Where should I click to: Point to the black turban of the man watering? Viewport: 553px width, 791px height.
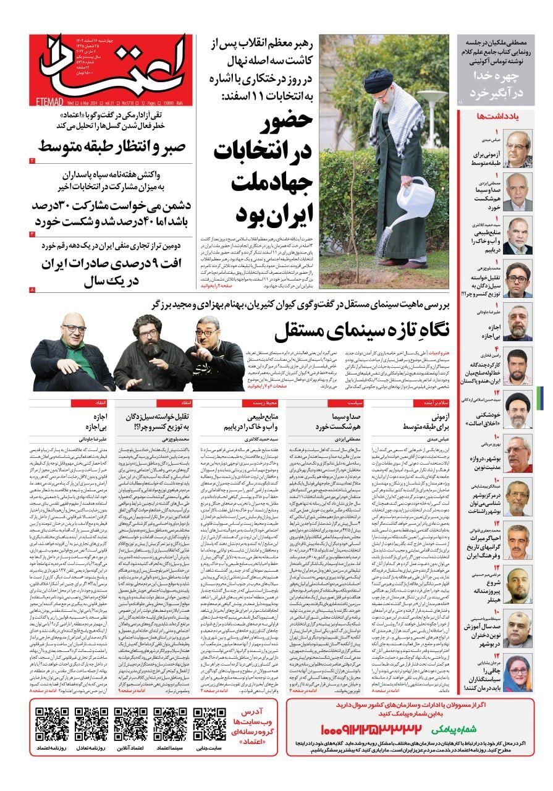tap(378, 80)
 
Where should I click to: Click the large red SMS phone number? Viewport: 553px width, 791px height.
tap(371, 729)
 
